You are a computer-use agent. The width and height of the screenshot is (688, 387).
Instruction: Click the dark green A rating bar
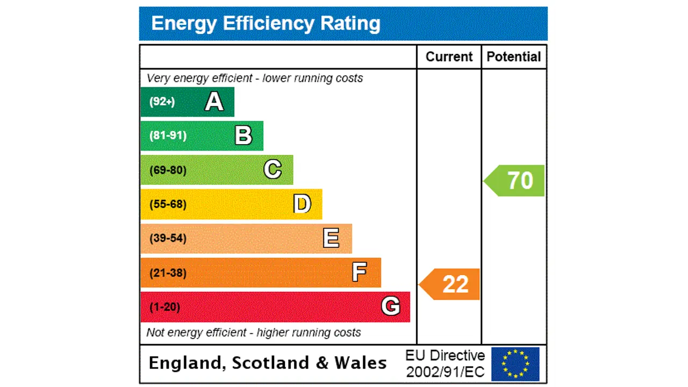187,102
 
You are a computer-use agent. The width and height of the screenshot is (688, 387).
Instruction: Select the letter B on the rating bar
243,136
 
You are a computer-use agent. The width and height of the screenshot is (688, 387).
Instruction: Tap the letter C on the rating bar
273,170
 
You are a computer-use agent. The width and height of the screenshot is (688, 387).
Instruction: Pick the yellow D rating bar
231,204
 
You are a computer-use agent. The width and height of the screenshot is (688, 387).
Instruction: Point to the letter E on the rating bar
331,238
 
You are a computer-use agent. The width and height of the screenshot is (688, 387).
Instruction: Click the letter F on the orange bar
360,273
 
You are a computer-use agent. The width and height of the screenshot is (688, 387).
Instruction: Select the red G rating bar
275,307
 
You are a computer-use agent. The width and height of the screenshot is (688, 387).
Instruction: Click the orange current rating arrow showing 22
450,284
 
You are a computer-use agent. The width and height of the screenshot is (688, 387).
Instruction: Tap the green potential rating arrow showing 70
515,181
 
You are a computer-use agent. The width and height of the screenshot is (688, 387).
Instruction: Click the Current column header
449,57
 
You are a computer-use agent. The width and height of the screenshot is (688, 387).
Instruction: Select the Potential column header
514,57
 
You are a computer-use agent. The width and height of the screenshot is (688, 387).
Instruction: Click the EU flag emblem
515,364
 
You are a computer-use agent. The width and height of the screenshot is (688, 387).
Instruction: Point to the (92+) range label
162,102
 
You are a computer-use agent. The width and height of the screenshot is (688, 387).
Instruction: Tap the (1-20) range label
164,307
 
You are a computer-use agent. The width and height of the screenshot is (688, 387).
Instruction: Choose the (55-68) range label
168,204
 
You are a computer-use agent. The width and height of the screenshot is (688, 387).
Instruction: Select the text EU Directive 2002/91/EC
445,363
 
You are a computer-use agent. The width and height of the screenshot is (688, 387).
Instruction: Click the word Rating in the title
350,24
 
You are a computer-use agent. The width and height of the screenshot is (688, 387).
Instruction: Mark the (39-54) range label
168,238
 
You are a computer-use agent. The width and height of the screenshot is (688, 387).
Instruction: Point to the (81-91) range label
168,135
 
